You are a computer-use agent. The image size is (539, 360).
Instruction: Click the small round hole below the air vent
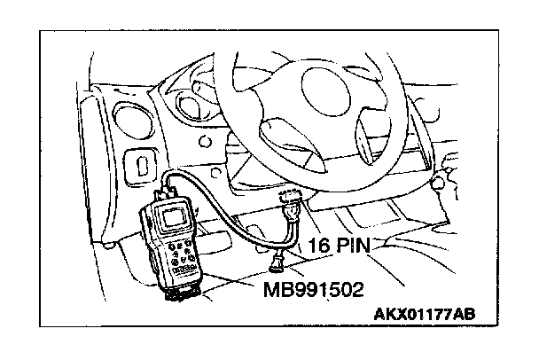(207, 141)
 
